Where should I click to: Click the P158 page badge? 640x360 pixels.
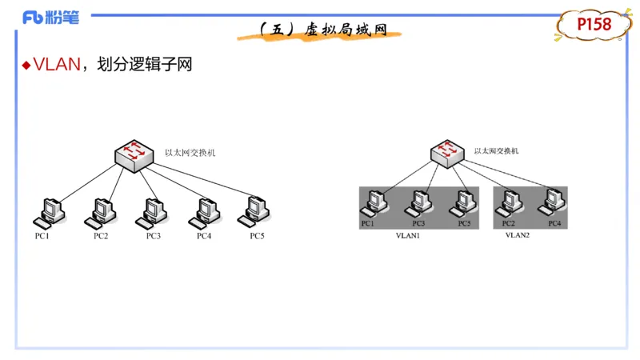[594, 25]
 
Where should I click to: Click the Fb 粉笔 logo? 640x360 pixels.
[50, 17]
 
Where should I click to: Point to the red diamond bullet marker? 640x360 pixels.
[26, 65]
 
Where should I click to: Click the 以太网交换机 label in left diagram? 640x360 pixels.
[190, 152]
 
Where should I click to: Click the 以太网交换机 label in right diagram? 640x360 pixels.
[496, 150]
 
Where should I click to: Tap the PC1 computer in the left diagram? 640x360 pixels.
[48, 212]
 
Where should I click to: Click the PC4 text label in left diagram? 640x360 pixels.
[204, 236]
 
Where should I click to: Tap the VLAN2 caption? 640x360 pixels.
[518, 236]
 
